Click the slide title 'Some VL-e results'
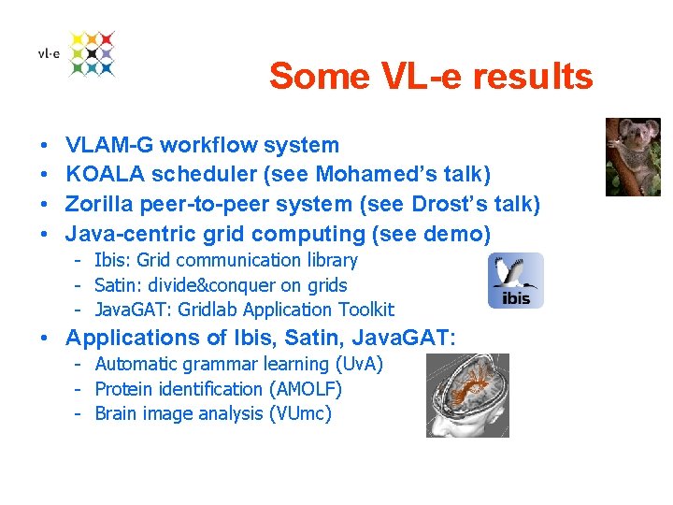point(430,77)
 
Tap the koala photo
point(633,156)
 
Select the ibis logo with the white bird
point(515,281)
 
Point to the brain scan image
point(467,395)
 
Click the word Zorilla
point(100,204)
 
